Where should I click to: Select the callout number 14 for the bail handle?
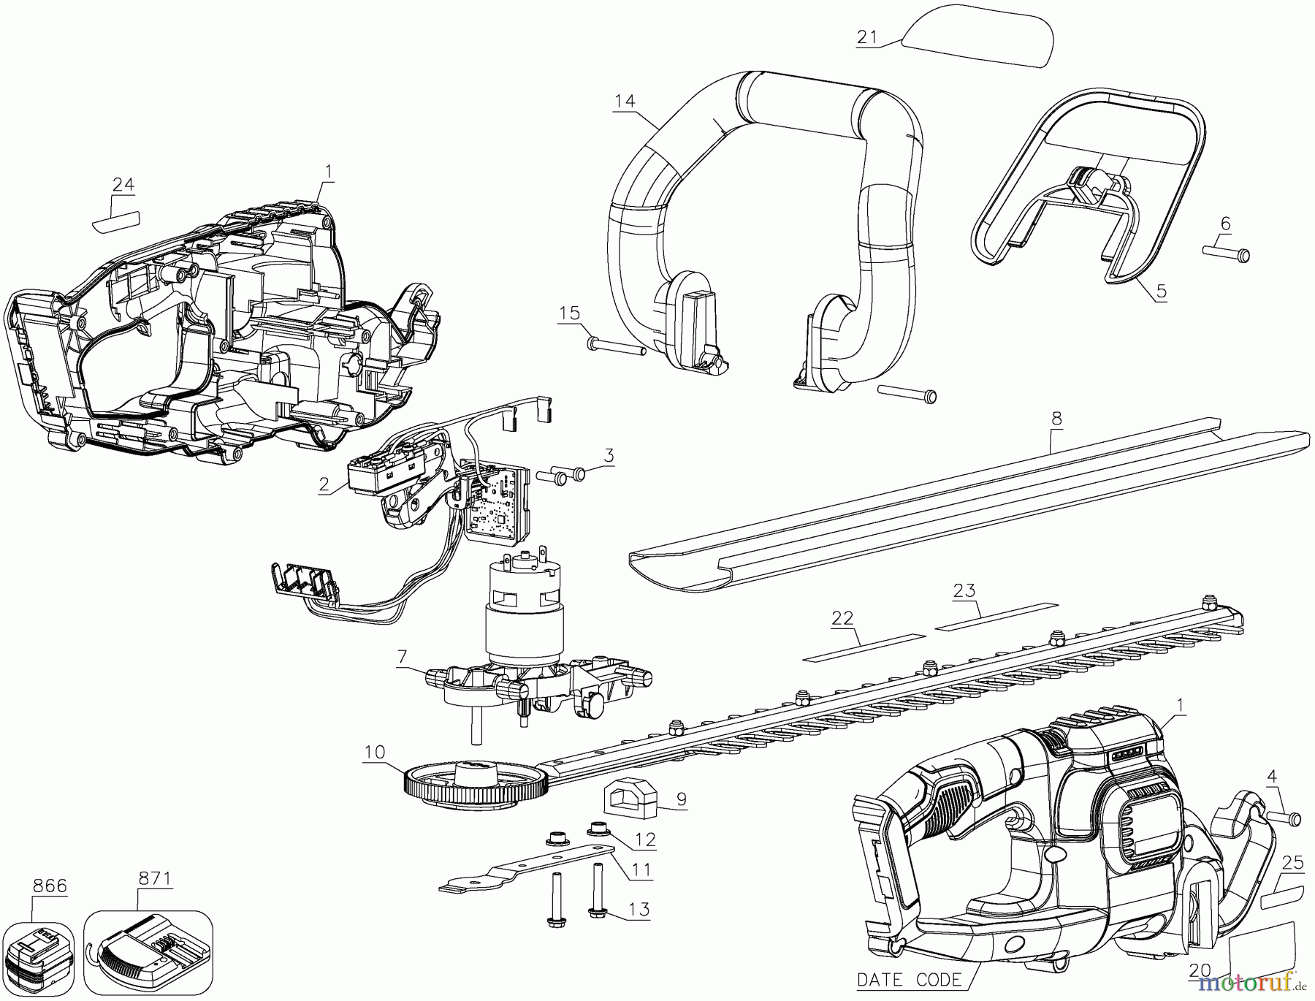(x=625, y=102)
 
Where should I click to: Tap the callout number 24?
(x=123, y=185)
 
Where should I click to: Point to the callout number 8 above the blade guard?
(x=1056, y=419)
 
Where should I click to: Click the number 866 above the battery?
(x=50, y=886)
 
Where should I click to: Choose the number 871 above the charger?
(x=154, y=878)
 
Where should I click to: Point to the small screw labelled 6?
(x=1227, y=254)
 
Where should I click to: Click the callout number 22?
(x=842, y=618)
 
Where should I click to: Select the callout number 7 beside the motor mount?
(x=402, y=655)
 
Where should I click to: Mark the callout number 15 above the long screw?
(x=569, y=313)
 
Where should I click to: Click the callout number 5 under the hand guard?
(x=1161, y=291)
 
